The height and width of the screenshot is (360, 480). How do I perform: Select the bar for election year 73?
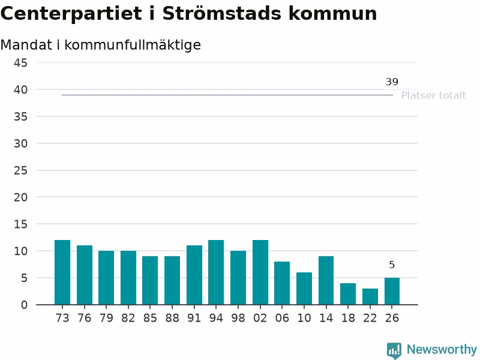[62, 272]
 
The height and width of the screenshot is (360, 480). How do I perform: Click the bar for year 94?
[216, 272]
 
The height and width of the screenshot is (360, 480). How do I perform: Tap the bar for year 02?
[260, 272]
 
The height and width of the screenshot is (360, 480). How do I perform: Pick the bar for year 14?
[326, 280]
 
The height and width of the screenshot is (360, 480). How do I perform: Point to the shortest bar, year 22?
[370, 296]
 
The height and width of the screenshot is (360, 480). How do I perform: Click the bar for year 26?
[392, 291]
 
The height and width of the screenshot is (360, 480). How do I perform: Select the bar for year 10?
[304, 289]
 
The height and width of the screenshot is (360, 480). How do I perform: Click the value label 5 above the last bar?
[392, 265]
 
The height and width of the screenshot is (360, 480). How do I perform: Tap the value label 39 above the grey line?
[392, 82]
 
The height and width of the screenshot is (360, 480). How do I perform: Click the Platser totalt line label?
[433, 95]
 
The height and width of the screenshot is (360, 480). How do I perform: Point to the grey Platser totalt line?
[227, 95]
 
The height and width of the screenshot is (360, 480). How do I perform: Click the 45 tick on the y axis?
[20, 63]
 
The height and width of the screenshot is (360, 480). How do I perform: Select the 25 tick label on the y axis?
[20, 170]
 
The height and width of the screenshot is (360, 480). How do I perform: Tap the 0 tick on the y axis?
[24, 305]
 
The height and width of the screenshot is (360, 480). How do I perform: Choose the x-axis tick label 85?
[150, 318]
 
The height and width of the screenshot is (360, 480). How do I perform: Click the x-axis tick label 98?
[238, 318]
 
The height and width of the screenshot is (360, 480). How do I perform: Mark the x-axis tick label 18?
[348, 318]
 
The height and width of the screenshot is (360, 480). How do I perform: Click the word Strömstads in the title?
[221, 13]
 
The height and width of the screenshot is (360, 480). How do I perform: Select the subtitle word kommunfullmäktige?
[133, 45]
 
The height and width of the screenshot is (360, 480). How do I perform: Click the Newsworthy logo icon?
[394, 350]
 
